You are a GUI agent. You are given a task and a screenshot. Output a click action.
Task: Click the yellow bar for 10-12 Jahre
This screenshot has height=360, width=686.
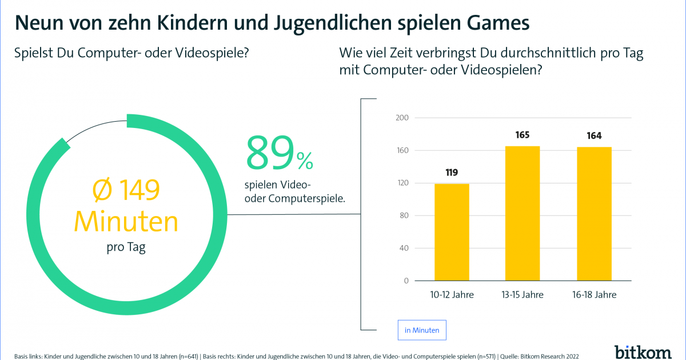point(452,232)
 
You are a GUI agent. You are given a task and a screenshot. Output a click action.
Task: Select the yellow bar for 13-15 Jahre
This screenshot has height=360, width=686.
point(523,213)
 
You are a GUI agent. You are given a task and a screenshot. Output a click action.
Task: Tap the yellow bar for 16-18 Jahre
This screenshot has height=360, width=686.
point(594,214)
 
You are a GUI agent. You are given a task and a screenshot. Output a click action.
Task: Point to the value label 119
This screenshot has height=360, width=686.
point(452,173)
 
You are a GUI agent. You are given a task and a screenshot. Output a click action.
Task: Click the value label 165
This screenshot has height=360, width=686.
point(523,135)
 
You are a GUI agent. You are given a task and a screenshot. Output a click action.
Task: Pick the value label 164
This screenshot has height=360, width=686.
point(594,136)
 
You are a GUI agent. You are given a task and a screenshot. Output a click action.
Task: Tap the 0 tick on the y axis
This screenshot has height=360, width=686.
point(405,281)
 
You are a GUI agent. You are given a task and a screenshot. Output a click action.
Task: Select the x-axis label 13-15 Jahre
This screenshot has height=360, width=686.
point(523,295)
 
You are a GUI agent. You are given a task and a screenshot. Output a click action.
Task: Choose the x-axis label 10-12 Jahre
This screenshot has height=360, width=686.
point(452,295)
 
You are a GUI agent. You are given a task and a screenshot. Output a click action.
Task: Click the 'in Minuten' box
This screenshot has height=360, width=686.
point(422,330)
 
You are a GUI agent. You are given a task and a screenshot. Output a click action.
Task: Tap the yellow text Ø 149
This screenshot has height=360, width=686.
point(126,191)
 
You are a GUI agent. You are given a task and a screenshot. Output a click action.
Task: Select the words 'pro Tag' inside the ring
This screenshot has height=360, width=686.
point(126,247)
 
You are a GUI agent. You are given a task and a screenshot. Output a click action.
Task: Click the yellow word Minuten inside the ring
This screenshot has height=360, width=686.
point(126,222)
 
